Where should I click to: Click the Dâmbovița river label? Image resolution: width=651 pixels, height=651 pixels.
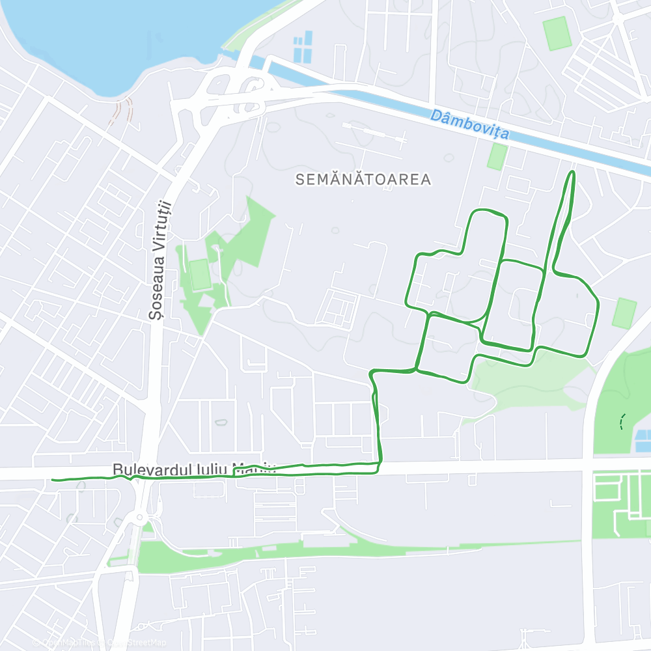[x=469, y=126]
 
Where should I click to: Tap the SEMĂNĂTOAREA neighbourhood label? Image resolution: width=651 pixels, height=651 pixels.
[x=363, y=180]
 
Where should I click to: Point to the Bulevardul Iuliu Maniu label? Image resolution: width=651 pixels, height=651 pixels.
[x=194, y=469]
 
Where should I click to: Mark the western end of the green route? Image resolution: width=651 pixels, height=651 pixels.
[x=53, y=480]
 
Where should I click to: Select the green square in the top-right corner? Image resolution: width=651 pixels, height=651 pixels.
[x=557, y=33]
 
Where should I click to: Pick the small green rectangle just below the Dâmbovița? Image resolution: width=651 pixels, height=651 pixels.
[x=497, y=157]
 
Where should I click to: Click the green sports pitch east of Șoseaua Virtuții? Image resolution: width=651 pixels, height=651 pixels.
[x=200, y=274]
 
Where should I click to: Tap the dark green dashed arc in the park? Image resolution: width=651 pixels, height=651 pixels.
[x=622, y=422]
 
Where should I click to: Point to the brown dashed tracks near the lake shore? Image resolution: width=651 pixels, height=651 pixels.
[x=124, y=111]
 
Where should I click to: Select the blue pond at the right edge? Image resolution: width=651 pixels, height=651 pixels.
[x=643, y=441]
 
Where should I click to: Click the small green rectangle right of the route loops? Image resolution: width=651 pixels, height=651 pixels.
[x=625, y=313]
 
